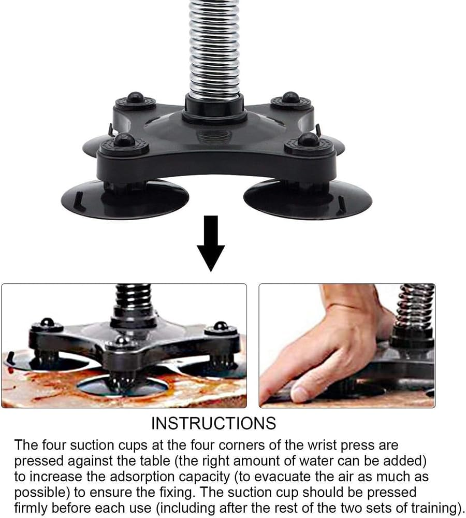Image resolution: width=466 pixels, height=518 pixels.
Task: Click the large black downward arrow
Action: point(210,243)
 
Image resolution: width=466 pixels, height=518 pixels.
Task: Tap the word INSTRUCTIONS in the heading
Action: point(213,423)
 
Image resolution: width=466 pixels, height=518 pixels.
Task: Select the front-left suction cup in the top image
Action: point(124,199)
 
